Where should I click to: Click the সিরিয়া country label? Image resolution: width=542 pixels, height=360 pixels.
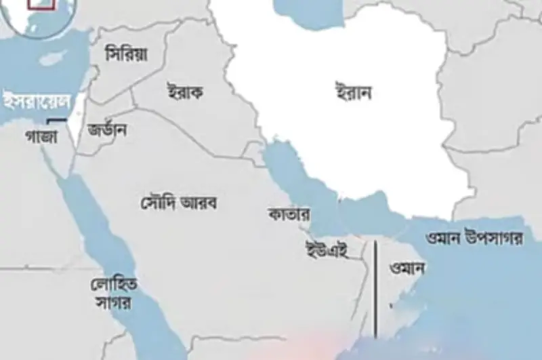pyautogui.click(x=127, y=54)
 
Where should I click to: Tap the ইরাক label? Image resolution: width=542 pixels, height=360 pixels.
pyautogui.click(x=184, y=92)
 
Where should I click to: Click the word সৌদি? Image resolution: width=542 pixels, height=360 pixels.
pyautogui.click(x=159, y=201)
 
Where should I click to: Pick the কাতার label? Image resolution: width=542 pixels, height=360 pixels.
pyautogui.click(x=289, y=215)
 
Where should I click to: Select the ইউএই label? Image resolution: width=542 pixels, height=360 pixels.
pyautogui.click(x=327, y=249)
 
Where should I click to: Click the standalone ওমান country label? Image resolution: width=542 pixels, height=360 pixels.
pyautogui.click(x=408, y=268)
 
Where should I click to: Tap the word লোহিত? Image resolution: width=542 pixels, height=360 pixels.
pyautogui.click(x=113, y=285)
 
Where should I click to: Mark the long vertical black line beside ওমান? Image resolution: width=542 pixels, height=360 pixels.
pyautogui.click(x=375, y=288)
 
